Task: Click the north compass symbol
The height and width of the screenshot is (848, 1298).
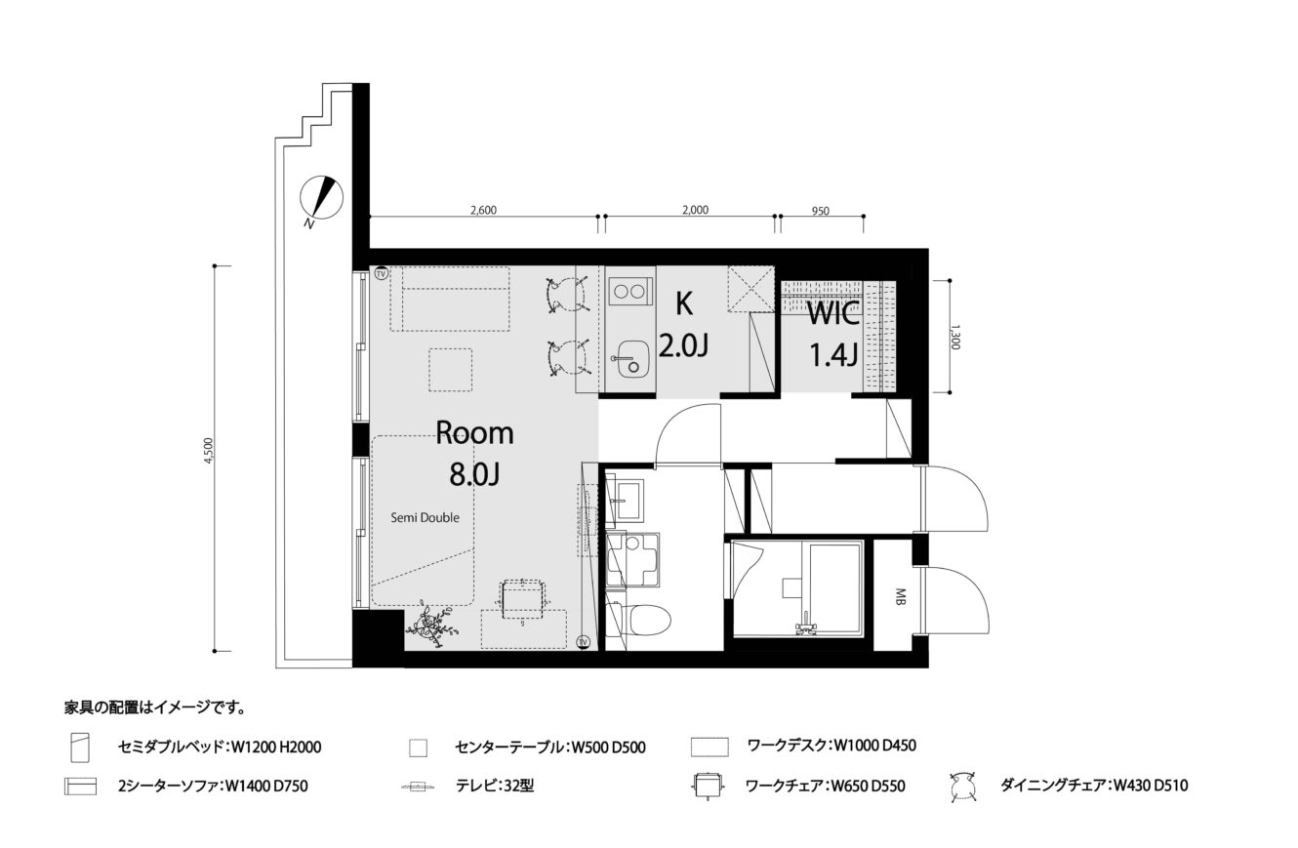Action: click(321, 199)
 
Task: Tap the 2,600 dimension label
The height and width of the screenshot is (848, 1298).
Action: click(483, 210)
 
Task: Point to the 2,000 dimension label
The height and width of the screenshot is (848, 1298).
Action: click(695, 210)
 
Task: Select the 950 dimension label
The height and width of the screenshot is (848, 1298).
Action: click(821, 212)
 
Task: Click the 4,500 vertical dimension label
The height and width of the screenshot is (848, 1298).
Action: click(209, 451)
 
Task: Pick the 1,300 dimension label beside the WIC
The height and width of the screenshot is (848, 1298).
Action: click(956, 337)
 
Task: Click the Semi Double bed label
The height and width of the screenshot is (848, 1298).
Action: click(425, 518)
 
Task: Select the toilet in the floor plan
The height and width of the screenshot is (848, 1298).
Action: click(637, 621)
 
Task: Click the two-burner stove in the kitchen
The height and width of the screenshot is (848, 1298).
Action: click(629, 292)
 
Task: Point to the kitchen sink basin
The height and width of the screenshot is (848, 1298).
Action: click(631, 358)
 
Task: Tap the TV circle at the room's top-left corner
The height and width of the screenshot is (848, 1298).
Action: click(382, 273)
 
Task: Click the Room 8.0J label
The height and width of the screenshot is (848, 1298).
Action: click(474, 454)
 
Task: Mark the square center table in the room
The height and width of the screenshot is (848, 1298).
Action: click(450, 370)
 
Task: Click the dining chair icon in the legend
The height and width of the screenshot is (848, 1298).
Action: click(963, 787)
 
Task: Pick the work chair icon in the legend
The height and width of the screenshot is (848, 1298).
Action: click(709, 787)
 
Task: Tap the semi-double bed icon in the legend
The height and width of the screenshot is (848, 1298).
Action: click(79, 747)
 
